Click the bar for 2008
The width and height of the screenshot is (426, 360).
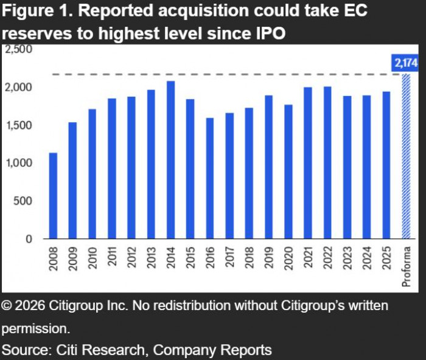53,196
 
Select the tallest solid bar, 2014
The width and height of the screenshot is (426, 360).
171,160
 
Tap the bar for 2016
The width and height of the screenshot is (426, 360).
210,178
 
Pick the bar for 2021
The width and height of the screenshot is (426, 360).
308,163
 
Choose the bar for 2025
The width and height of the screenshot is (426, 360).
386,165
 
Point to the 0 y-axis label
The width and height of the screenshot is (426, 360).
29,239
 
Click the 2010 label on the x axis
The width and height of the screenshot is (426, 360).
93,260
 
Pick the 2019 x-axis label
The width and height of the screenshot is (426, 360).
268,260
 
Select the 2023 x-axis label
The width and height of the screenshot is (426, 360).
347,260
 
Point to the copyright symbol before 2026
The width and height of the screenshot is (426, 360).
7,306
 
